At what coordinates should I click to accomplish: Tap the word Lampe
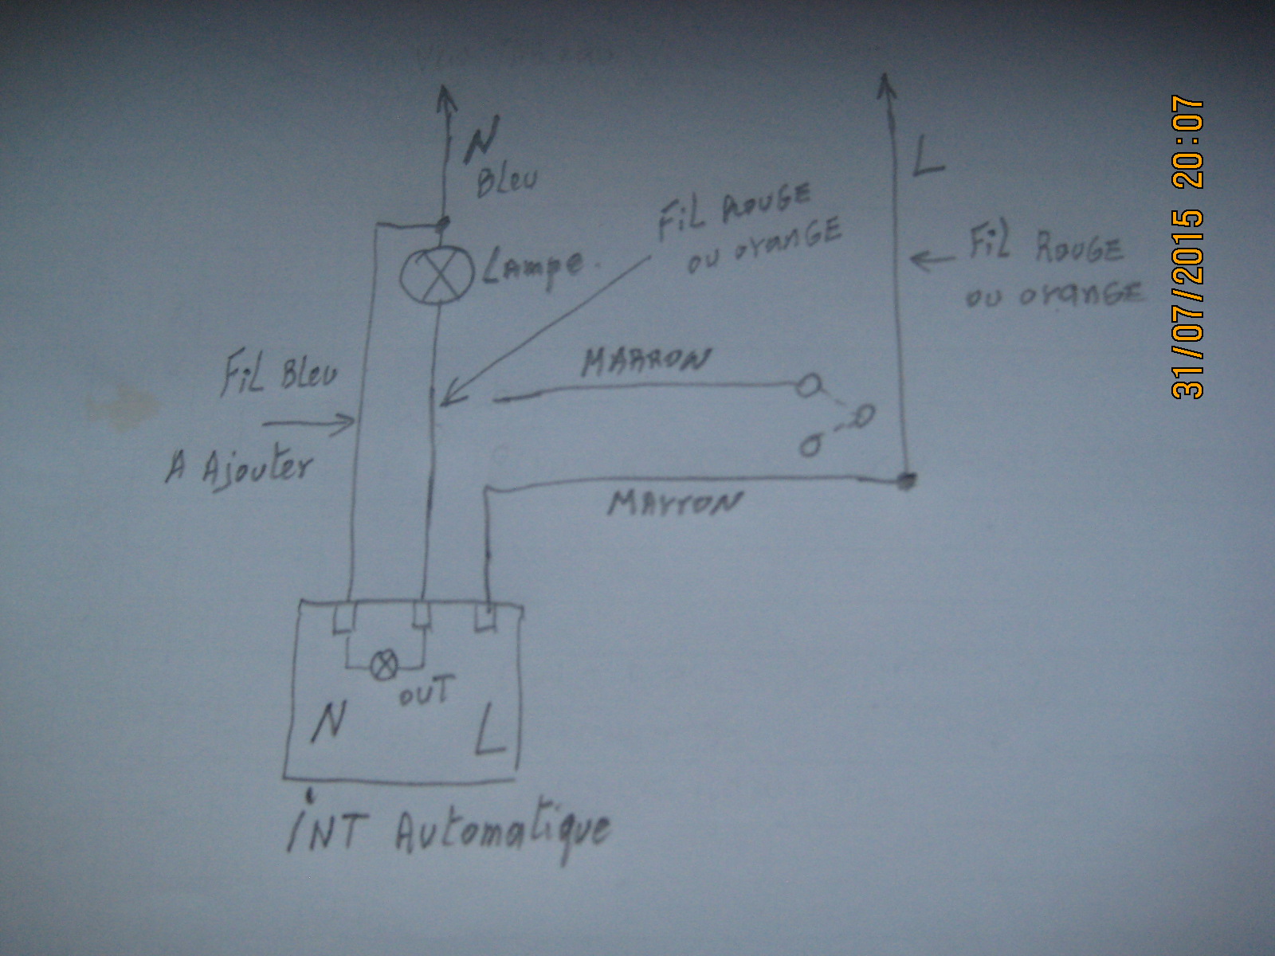(x=532, y=267)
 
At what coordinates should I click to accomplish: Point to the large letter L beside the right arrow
(x=927, y=156)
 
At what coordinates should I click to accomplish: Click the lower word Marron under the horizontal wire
(x=674, y=503)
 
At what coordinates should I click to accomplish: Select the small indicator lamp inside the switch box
(x=385, y=665)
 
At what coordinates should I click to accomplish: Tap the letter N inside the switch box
(x=328, y=722)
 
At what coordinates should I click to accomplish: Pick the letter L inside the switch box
(x=490, y=731)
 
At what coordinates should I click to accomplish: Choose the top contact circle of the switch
(x=807, y=387)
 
